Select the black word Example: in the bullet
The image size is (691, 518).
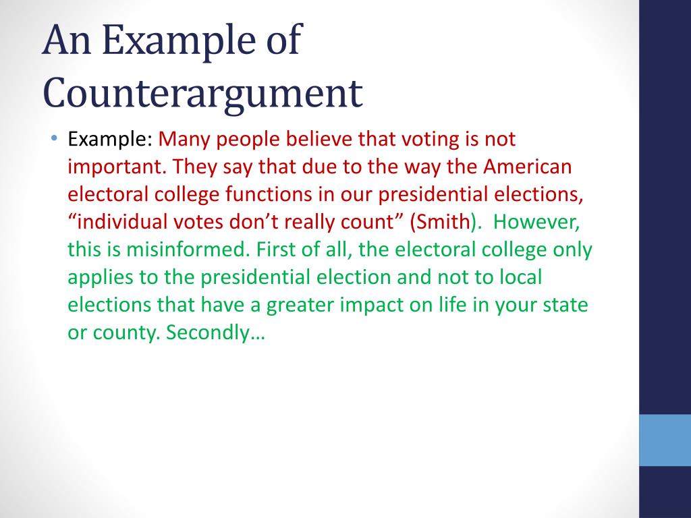[110, 140]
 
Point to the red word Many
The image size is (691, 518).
[180, 140]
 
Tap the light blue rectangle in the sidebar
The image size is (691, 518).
[665, 440]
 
